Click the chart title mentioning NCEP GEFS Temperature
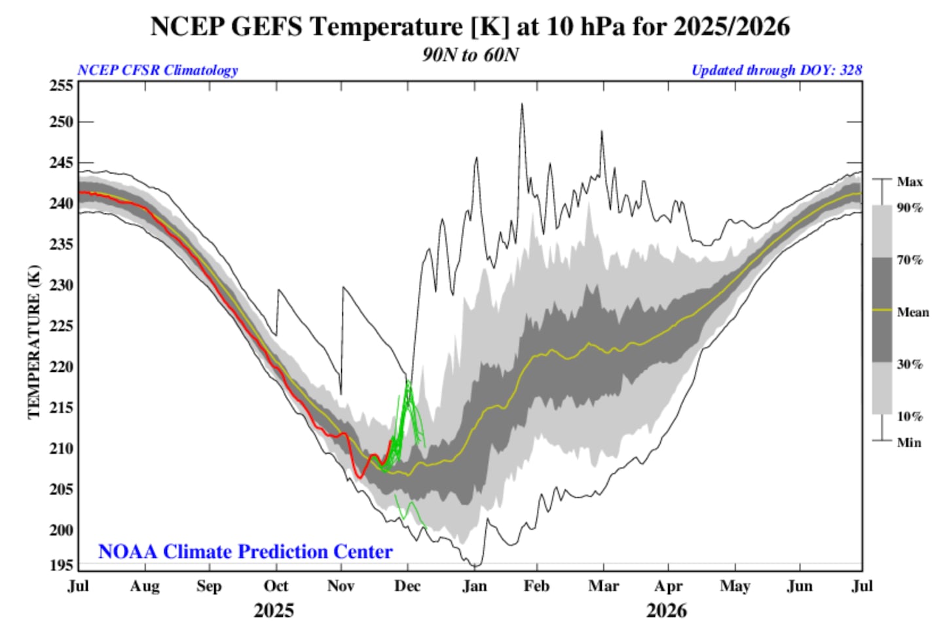(470, 27)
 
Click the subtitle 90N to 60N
(470, 54)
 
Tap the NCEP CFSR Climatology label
(157, 70)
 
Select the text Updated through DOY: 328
(777, 70)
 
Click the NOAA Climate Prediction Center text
(245, 551)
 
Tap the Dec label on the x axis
(407, 586)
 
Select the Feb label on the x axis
(536, 586)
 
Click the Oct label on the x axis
(276, 586)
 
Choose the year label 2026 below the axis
(667, 611)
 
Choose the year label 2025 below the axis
(274, 611)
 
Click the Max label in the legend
(910, 181)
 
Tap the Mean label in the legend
(913, 312)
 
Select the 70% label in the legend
(910, 260)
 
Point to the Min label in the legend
(909, 443)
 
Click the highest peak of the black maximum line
(522, 104)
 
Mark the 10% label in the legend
(910, 416)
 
